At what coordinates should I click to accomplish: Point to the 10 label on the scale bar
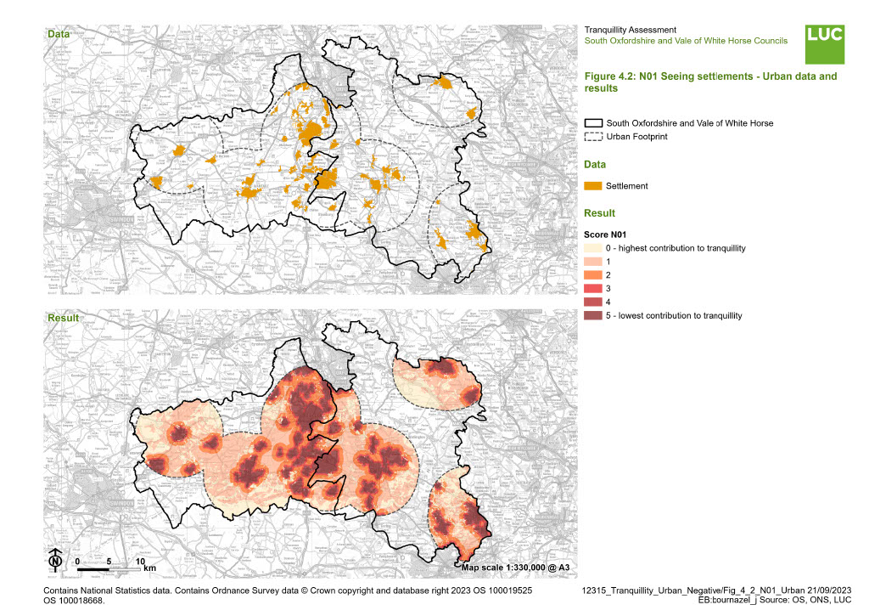(141, 562)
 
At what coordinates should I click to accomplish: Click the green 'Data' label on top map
(59, 35)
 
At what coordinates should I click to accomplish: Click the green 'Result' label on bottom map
(63, 317)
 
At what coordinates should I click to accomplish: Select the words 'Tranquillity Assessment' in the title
(631, 30)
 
